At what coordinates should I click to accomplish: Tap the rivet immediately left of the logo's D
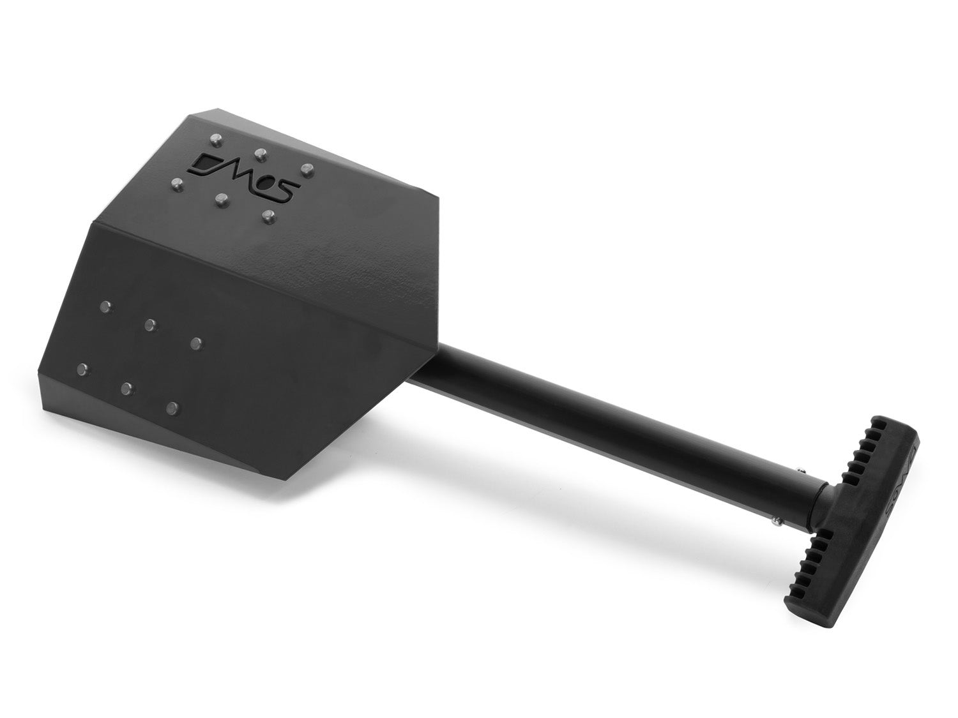(x=177, y=184)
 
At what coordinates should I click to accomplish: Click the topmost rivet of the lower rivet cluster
(x=104, y=306)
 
